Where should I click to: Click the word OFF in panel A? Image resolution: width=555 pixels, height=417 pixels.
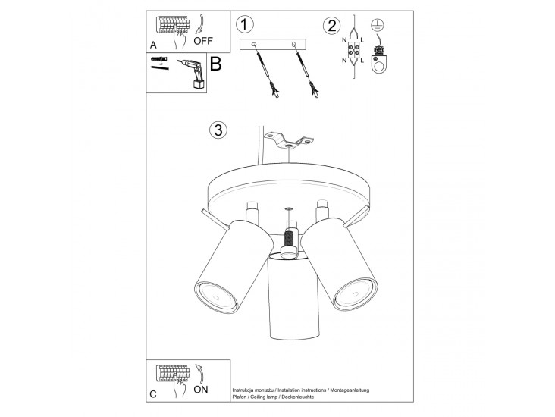coord(203,41)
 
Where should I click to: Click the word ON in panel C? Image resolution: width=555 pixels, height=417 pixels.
coord(201,390)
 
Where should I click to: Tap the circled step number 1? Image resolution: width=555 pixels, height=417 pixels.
coord(245,24)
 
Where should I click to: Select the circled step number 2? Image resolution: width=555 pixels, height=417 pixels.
coord(331,26)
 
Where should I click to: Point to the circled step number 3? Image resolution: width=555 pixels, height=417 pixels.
coord(218,130)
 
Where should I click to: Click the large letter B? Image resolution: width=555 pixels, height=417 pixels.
coord(215,64)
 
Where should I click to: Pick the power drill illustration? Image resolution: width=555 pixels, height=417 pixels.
coord(192,74)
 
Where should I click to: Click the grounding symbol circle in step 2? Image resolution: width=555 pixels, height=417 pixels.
coord(378,25)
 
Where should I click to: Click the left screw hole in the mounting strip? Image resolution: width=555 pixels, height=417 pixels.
coord(254,44)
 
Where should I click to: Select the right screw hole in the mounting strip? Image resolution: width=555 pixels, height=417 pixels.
coord(293,44)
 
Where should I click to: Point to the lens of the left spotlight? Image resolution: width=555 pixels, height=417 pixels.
coord(215,296)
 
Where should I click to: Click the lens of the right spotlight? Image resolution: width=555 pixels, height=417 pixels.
coord(355,293)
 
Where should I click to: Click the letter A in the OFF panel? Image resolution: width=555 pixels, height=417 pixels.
coord(153,45)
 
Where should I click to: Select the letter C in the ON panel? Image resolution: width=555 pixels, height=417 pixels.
coord(153,394)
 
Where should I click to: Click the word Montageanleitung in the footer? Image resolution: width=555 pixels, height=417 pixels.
coord(350,390)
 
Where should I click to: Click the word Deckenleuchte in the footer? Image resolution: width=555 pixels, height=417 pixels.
coord(298,397)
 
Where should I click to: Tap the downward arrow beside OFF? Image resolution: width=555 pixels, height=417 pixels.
coord(199,25)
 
